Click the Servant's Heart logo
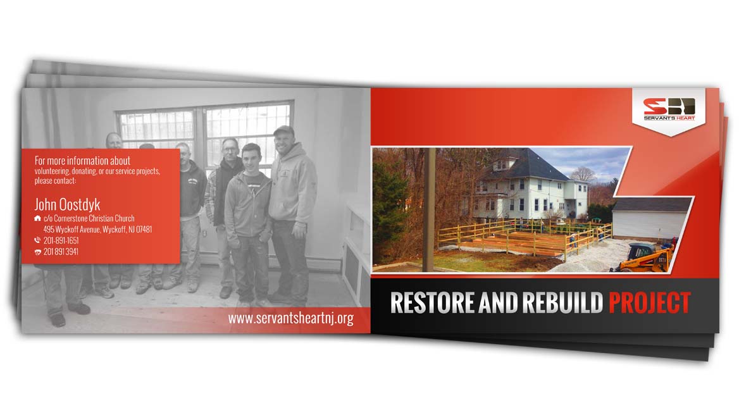coord(669,109)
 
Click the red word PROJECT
coord(649,303)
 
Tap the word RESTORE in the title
coord(432,303)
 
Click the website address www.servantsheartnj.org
coord(291,318)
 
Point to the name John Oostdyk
coord(68,204)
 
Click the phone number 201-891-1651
coord(61,240)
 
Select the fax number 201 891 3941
coord(61,252)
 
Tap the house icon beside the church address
coord(38,218)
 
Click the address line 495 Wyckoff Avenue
coord(97,230)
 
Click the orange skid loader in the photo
coord(643,257)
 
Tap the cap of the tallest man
coord(283,131)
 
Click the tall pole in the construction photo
coord(428,209)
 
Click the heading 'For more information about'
coord(82,161)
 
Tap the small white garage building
coord(650,218)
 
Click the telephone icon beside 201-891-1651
coord(38,240)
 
